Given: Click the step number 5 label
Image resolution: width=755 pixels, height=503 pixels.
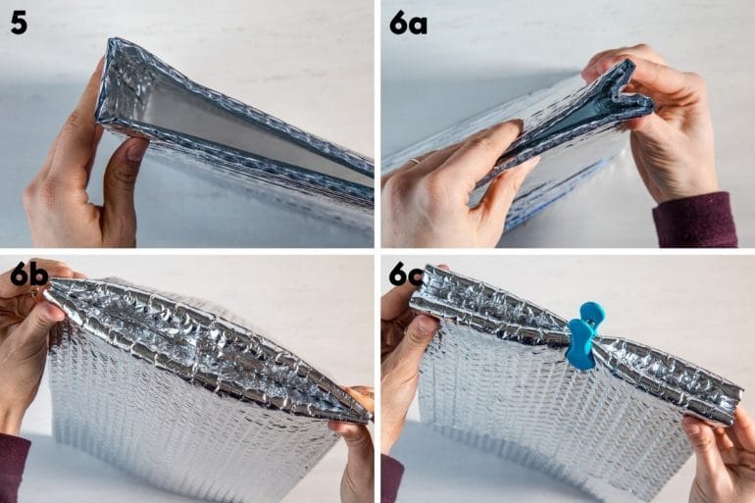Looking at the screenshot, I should point(19,22).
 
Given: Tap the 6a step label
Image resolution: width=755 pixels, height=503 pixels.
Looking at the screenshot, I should point(408,22).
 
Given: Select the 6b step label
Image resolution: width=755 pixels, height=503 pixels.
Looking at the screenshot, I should point(29,274).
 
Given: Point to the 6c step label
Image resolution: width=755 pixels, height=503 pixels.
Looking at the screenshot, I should point(406,274).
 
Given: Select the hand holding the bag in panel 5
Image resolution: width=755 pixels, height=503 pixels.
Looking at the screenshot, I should point(78,176).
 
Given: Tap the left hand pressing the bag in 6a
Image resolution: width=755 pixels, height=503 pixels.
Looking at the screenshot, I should point(441,186).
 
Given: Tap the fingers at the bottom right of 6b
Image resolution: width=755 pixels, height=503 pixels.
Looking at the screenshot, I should point(355,431).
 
